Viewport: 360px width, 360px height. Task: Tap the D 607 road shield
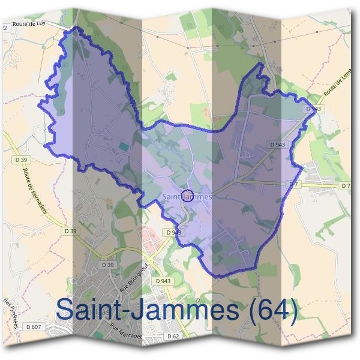(x=35, y=326)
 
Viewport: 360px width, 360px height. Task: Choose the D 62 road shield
(x=173, y=336)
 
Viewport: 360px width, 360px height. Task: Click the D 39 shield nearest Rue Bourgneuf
(x=108, y=265)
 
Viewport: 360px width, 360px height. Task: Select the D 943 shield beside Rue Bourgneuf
(x=163, y=281)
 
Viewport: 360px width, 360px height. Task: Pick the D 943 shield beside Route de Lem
(x=312, y=109)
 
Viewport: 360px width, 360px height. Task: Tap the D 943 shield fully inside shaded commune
(x=277, y=145)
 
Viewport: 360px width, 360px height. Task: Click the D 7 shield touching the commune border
(x=293, y=184)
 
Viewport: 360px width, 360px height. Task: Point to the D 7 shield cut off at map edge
(x=346, y=186)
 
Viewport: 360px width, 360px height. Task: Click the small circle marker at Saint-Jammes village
(x=187, y=196)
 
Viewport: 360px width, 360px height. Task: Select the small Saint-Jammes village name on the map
(x=187, y=196)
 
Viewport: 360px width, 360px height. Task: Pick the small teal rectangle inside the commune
(x=124, y=146)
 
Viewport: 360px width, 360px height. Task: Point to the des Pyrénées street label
(x=10, y=313)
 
